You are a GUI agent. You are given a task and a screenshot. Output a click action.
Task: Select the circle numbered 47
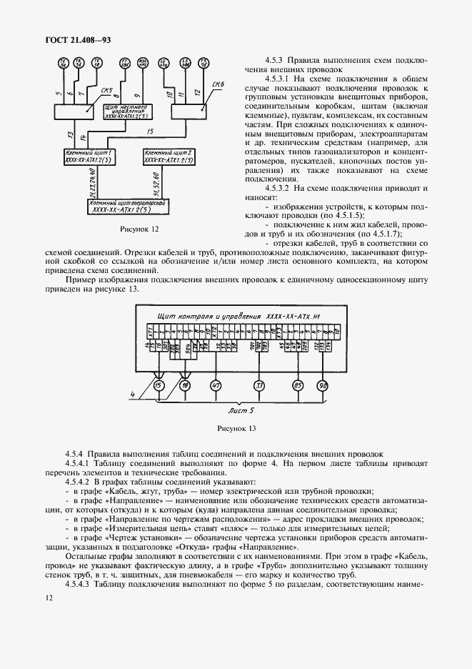coord(214,387)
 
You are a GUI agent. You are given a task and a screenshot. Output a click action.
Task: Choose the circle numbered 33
coord(259,387)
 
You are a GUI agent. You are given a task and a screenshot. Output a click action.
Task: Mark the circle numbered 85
coord(298,387)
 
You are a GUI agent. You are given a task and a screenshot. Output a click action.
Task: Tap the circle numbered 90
coord(323,387)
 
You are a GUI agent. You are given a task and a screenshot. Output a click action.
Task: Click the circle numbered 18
coord(185,387)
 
